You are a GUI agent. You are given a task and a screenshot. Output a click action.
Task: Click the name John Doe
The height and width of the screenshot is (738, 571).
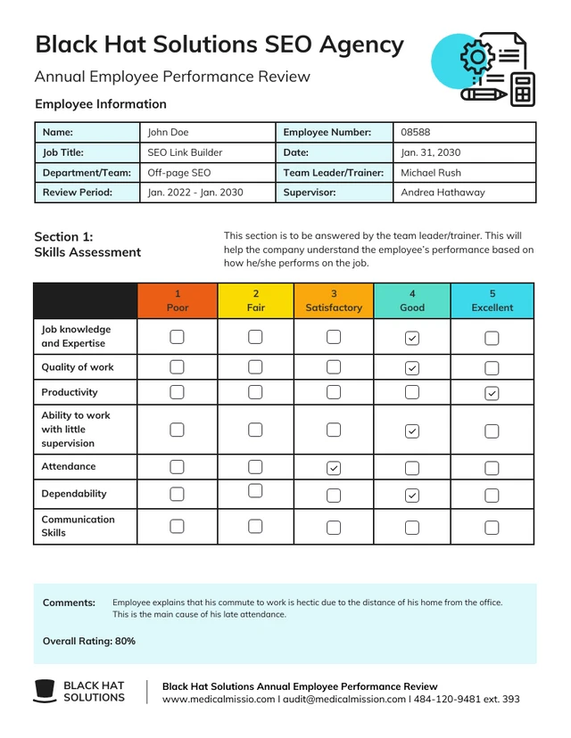pyautogui.click(x=168, y=132)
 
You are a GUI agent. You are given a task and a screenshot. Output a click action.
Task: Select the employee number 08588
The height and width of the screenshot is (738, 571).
pyautogui.click(x=415, y=132)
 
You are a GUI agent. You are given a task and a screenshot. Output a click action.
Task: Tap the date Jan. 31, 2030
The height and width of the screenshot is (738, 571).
pyautogui.click(x=430, y=152)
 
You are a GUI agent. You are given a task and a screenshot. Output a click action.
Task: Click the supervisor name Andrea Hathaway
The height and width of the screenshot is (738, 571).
pyautogui.click(x=443, y=192)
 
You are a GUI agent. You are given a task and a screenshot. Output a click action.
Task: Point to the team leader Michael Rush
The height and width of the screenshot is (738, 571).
pyautogui.click(x=431, y=172)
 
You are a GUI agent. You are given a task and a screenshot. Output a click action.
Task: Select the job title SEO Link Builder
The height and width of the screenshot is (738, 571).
pyautogui.click(x=185, y=152)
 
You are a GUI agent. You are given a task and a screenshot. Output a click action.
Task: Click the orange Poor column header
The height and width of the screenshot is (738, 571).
pyautogui.click(x=178, y=300)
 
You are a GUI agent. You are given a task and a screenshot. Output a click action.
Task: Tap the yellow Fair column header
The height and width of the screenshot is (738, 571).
pyautogui.click(x=255, y=300)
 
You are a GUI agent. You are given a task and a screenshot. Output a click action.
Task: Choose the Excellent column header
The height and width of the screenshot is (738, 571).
pyautogui.click(x=492, y=300)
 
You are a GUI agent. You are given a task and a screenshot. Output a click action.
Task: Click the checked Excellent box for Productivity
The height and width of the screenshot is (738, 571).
pyautogui.click(x=491, y=393)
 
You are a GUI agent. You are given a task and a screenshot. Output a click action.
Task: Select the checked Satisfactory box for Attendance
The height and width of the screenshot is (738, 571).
pyautogui.click(x=334, y=468)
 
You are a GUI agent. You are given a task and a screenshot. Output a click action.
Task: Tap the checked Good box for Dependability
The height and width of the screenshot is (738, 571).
pyautogui.click(x=411, y=496)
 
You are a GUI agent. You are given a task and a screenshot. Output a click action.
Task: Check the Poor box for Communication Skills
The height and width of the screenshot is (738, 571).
pyautogui.click(x=177, y=526)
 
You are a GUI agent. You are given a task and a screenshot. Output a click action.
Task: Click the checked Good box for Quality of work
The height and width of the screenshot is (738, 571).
pyautogui.click(x=411, y=368)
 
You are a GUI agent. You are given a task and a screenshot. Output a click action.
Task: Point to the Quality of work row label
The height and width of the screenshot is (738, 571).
pyautogui.click(x=78, y=367)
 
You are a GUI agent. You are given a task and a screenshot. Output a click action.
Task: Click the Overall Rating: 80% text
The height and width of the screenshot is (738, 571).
pyautogui.click(x=89, y=641)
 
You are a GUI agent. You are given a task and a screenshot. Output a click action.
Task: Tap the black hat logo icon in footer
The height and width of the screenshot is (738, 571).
pyautogui.click(x=45, y=691)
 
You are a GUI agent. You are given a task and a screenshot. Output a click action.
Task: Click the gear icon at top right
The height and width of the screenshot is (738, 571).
pyautogui.click(x=476, y=58)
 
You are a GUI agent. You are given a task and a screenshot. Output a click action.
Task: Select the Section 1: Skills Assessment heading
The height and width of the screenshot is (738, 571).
pyautogui.click(x=87, y=244)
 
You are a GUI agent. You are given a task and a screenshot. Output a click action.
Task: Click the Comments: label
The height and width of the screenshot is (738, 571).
pyautogui.click(x=69, y=603)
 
